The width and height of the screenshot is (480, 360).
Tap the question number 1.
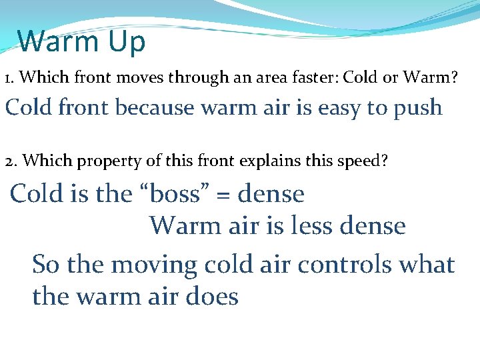click(9, 79)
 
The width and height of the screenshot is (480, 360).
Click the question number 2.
click(9, 162)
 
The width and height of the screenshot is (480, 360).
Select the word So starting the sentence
click(47, 265)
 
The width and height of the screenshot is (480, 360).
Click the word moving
click(154, 265)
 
